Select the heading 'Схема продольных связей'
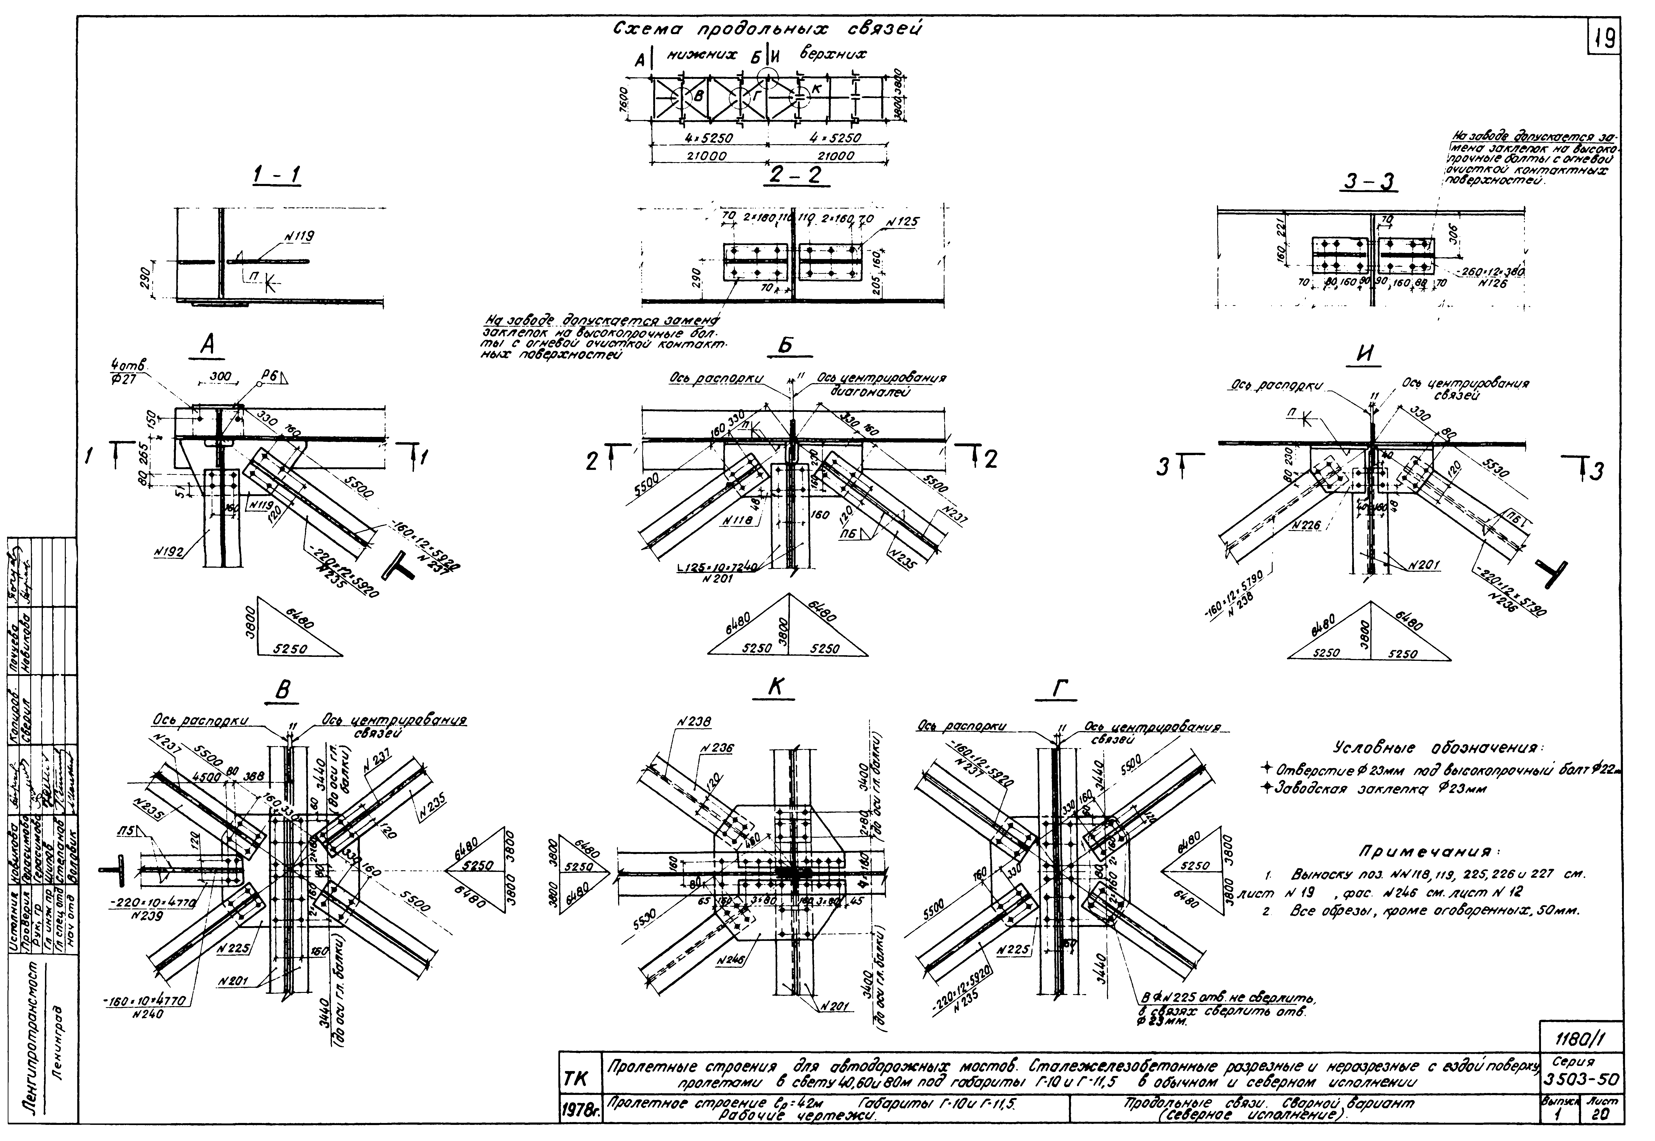(767, 30)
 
